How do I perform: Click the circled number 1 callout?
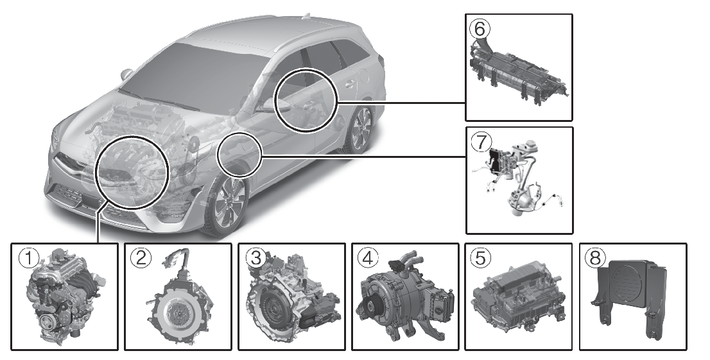[x=29, y=259]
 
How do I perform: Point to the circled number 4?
[x=368, y=259]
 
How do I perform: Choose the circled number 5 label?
[x=480, y=259]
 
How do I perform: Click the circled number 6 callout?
[x=480, y=29]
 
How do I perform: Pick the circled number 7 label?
[x=481, y=142]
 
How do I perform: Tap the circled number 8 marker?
[x=595, y=259]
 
